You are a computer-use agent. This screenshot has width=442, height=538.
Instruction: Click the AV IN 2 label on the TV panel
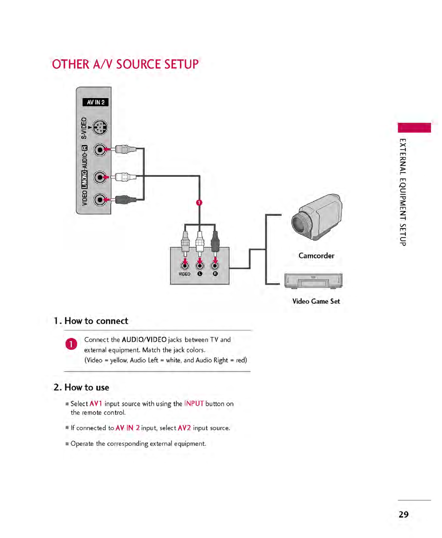[x=95, y=102]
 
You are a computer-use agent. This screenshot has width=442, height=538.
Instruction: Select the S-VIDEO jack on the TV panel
[x=100, y=128]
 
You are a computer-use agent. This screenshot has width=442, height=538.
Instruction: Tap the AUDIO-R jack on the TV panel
[x=100, y=150]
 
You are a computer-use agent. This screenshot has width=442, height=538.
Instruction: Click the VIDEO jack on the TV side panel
[x=100, y=200]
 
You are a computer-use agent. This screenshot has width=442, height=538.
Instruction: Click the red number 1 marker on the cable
[x=199, y=203]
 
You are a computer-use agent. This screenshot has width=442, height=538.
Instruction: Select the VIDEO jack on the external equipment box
[x=185, y=266]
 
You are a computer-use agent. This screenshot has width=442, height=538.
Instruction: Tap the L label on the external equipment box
[x=200, y=274]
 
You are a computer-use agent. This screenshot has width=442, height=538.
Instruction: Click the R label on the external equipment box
[x=215, y=274]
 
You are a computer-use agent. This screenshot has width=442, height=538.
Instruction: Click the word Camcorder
[x=316, y=256]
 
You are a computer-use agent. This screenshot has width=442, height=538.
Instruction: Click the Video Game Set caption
[x=316, y=301]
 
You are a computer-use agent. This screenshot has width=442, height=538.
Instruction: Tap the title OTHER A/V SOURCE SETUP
[x=125, y=64]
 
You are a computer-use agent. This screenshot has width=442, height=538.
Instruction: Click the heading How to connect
[x=96, y=321]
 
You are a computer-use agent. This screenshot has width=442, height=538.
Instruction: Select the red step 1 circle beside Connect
[x=71, y=344]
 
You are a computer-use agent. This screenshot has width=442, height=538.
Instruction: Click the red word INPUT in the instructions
[x=194, y=404]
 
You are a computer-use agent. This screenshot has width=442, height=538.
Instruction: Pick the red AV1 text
[x=96, y=404]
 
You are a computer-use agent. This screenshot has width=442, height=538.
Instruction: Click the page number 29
[x=403, y=515]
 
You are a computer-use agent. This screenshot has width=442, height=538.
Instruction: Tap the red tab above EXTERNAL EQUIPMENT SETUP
[x=414, y=128]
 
